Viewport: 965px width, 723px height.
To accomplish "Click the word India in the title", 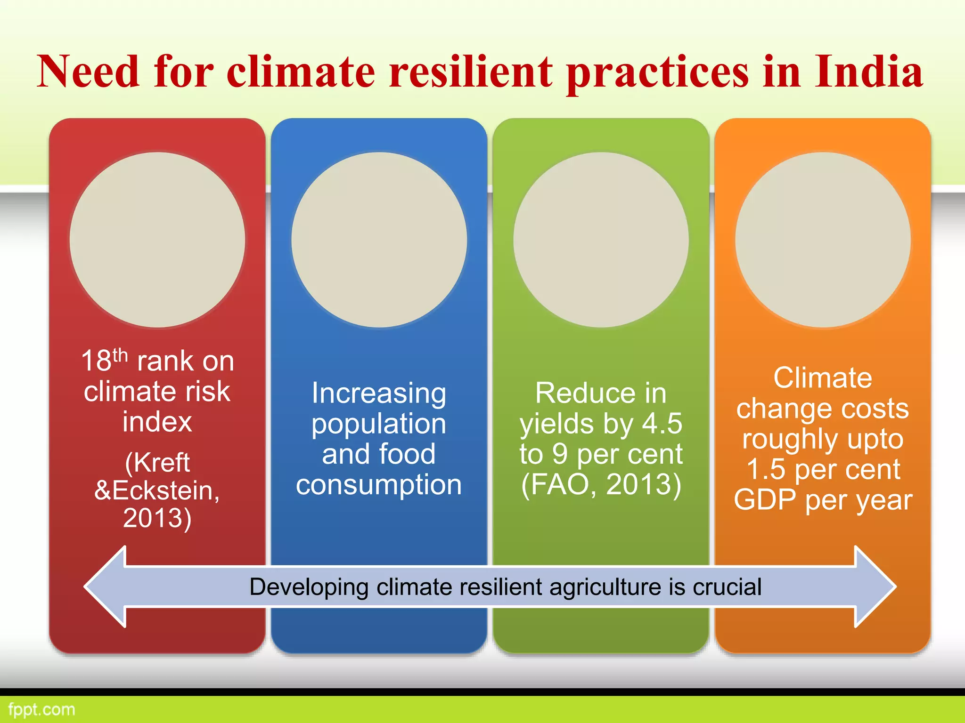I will tap(868, 72).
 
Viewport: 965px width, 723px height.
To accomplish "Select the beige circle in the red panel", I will tap(157, 240).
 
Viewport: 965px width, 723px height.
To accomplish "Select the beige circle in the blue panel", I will tap(379, 240).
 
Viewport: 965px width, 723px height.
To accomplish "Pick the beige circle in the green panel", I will tap(601, 240).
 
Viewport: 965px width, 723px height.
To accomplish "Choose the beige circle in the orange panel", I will tap(823, 240).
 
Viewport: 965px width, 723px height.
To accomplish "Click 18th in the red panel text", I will tap(104, 361).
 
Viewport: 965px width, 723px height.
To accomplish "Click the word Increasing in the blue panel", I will tap(379, 394).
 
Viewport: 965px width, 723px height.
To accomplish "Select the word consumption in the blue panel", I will tap(379, 485).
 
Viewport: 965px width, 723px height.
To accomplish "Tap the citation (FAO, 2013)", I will tap(601, 485).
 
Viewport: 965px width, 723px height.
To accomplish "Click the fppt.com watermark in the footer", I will tap(41, 709).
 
